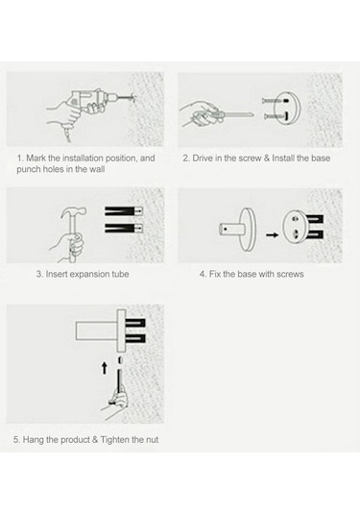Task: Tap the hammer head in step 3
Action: [74, 213]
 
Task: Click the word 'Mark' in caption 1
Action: [36, 158]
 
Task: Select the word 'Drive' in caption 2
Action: [203, 158]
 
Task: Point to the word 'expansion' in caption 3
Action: [89, 275]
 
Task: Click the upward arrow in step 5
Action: [105, 368]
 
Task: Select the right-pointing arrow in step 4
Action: [272, 234]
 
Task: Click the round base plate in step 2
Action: [287, 109]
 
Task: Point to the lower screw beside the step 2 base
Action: [272, 115]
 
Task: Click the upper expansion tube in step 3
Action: [124, 211]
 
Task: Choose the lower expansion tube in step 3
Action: [124, 228]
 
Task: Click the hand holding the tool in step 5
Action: [114, 404]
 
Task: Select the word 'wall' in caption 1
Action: [96, 169]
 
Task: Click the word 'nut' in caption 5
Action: [152, 440]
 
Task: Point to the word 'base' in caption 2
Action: [321, 158]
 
